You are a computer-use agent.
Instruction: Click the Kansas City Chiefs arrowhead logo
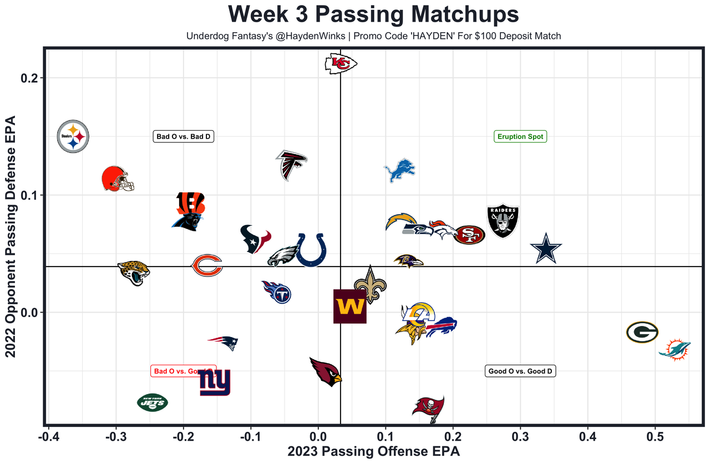(x=340, y=64)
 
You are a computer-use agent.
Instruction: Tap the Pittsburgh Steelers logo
(x=73, y=136)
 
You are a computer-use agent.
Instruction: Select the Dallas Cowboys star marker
(x=546, y=250)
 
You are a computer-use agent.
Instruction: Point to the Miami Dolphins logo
(x=675, y=349)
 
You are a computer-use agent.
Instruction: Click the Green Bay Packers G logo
(x=642, y=332)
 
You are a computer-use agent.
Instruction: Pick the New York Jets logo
(x=153, y=402)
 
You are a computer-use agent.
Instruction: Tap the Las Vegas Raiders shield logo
(x=503, y=221)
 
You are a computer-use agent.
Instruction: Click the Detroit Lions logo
(x=400, y=170)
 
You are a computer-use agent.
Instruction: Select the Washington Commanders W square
(x=349, y=306)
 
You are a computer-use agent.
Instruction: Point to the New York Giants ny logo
(x=215, y=383)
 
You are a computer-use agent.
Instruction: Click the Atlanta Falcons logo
(x=291, y=165)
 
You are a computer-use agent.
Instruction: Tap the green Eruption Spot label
(x=520, y=136)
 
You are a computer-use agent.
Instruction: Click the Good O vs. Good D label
(x=520, y=371)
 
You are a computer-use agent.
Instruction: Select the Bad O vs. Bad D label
(x=184, y=136)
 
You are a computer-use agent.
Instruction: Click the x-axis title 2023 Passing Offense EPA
(x=373, y=451)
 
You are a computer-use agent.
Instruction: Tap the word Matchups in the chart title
(x=464, y=14)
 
